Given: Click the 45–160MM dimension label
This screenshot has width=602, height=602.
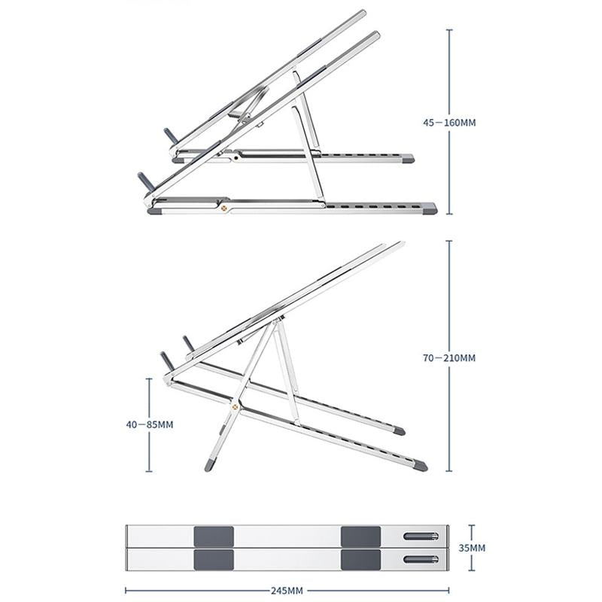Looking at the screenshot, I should click(x=449, y=123).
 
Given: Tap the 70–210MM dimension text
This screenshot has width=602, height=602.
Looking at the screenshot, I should click(x=449, y=358).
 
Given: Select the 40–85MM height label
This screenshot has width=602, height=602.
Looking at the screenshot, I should click(x=150, y=424).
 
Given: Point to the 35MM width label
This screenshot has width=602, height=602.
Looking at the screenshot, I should click(x=473, y=548).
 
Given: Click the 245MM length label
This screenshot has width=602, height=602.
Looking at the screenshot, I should click(x=287, y=590).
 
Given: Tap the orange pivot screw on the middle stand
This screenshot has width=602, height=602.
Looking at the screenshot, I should click(x=236, y=408).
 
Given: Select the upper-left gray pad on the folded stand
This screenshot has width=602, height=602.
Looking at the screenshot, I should click(x=214, y=537).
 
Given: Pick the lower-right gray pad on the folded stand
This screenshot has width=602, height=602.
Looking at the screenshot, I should click(x=360, y=559).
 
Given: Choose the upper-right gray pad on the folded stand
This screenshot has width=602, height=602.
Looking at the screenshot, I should click(x=360, y=537).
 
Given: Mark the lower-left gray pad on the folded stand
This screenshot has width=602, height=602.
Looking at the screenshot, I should click(x=214, y=559).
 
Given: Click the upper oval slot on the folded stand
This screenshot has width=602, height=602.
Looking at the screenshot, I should click(x=421, y=536).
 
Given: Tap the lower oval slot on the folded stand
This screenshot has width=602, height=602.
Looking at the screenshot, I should click(x=421, y=559).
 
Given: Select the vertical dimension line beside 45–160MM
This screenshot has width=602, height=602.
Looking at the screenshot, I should click(x=449, y=75).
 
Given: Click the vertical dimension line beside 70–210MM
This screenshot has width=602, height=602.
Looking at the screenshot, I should click(x=449, y=301).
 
